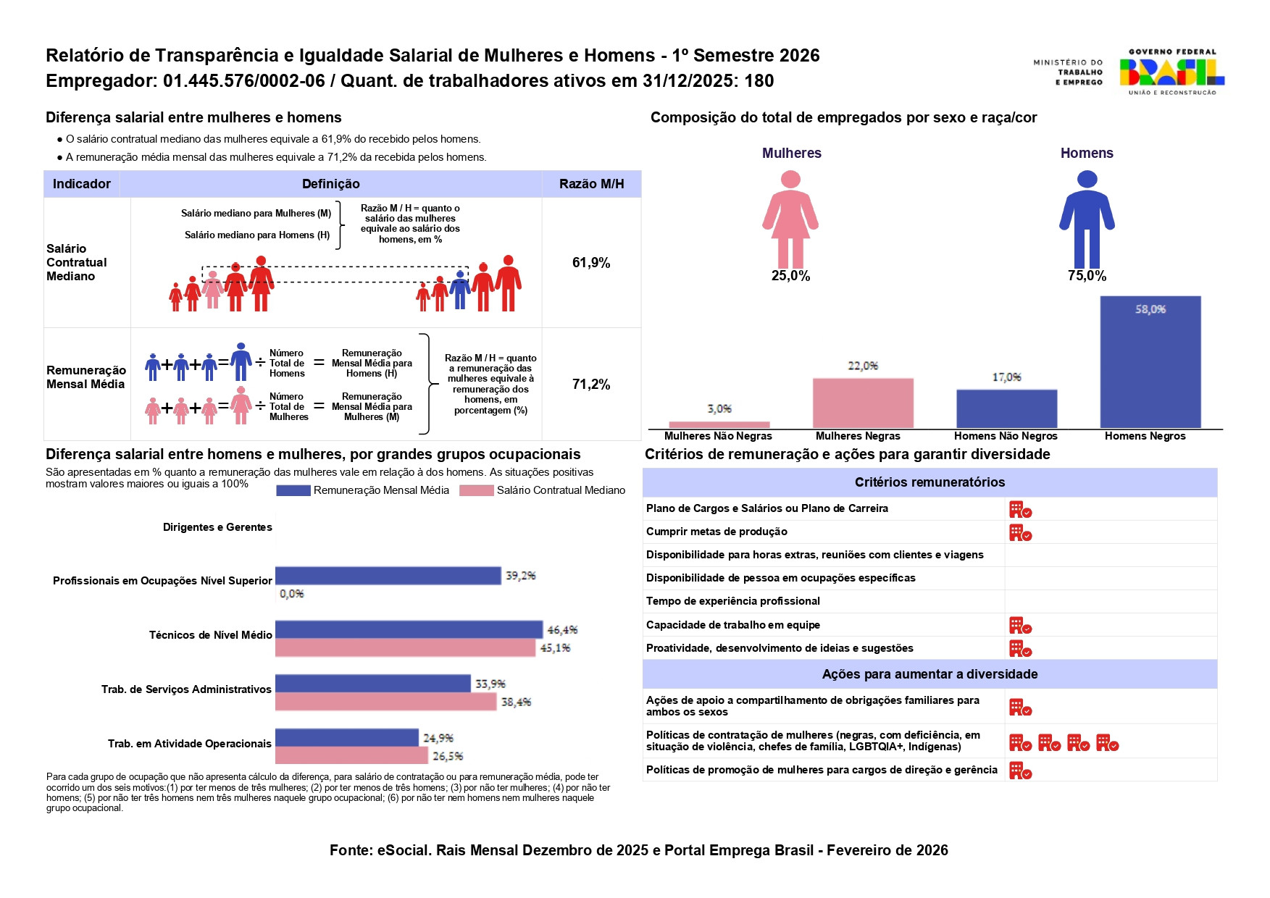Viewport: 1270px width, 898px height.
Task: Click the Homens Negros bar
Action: coord(1150,362)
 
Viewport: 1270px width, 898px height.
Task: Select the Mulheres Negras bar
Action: coord(863,403)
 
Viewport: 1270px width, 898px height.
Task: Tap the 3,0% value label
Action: coord(719,409)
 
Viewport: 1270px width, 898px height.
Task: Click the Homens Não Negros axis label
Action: coord(1006,436)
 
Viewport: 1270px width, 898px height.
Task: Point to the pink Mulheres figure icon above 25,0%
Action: coord(790,219)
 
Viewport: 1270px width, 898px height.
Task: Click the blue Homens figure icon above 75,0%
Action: coord(1087,219)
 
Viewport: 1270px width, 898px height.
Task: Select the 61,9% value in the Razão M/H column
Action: coord(591,263)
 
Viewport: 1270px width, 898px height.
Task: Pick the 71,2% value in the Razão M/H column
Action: coord(591,385)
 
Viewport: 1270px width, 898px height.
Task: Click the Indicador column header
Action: coord(82,184)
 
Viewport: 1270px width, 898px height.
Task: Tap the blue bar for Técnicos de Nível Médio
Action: coord(409,629)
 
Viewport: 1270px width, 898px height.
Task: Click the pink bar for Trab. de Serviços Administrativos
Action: coord(385,702)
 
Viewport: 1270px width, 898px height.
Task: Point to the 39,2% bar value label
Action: coord(521,576)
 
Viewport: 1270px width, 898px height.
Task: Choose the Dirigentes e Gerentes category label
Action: coord(217,527)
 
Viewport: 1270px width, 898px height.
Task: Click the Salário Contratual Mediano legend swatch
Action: coord(477,490)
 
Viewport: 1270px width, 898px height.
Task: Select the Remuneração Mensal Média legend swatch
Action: coord(293,490)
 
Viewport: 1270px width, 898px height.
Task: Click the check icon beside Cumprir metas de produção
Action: coord(1021,533)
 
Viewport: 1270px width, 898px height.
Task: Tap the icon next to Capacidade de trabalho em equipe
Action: coord(1021,626)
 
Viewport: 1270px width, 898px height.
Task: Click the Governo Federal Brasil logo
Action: coord(1171,72)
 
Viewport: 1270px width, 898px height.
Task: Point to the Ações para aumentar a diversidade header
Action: coord(929,674)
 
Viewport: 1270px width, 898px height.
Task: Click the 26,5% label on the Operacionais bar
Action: coord(448,756)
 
